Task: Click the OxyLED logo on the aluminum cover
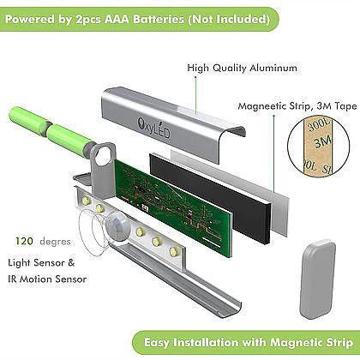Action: [153, 128]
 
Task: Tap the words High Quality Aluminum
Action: [242, 68]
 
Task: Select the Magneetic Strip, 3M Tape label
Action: [297, 106]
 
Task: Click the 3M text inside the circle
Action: [323, 141]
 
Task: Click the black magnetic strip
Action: [210, 198]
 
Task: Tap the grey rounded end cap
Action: [317, 279]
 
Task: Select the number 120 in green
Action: [24, 241]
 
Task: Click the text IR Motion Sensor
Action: [47, 279]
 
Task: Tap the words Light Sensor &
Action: [41, 262]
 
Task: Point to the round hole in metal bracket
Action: [103, 155]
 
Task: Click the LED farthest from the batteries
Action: [173, 252]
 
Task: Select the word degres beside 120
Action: [55, 242]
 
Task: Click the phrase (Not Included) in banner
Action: [229, 19]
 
